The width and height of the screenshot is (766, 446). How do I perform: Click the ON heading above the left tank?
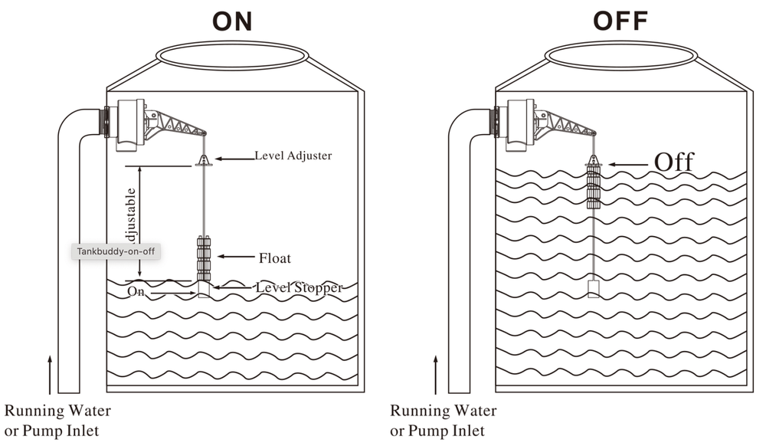[x=233, y=21]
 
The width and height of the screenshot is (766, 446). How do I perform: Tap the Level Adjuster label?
[x=293, y=156]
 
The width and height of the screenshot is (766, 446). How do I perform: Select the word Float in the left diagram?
[x=275, y=258]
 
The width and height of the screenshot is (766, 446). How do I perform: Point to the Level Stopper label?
[x=299, y=287]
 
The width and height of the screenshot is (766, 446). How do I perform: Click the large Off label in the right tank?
[x=673, y=162]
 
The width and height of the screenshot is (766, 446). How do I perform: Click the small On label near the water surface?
[x=136, y=292]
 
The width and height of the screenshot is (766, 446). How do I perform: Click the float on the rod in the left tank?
[x=203, y=258]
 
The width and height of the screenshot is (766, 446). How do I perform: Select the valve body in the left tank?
[x=131, y=125]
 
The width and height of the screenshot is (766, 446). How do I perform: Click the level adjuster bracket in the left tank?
[x=204, y=159]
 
